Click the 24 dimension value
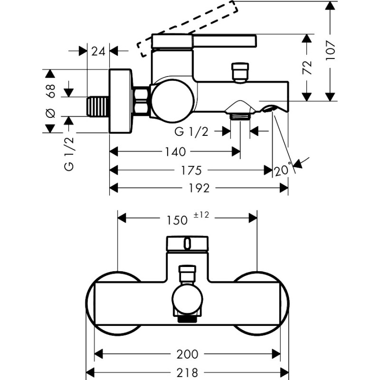98,51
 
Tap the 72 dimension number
307,66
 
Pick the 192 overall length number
199,188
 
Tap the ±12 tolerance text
201,215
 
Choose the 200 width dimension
188,354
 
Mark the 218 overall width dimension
188,372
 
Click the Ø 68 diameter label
51,100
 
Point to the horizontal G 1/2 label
191,131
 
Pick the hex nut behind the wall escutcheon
141,101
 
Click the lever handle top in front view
187,244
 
